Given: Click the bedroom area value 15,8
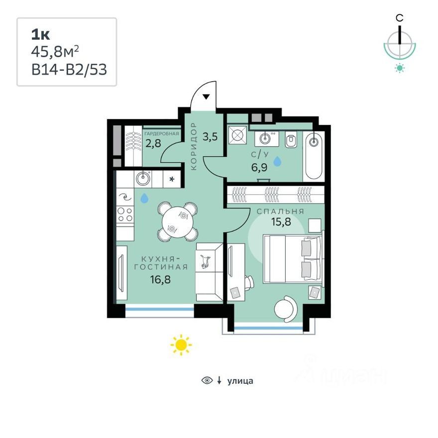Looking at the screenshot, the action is tap(281, 221).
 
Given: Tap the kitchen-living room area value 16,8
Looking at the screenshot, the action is tap(160, 279).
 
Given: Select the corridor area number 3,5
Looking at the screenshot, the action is tap(210, 137).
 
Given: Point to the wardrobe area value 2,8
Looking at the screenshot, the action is tap(153, 143).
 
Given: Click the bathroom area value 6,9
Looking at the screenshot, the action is tap(259, 167).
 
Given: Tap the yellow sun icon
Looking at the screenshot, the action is tap(181, 345).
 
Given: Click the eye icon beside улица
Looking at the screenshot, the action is tap(207, 380).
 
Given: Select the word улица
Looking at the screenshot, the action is tap(240, 381).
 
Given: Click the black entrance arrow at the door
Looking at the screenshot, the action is tap(206, 97).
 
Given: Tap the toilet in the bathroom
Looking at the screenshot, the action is tap(291, 140).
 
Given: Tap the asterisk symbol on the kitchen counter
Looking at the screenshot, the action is tap(172, 179).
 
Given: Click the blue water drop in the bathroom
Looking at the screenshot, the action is tap(277, 161).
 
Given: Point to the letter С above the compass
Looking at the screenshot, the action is tap(400, 18).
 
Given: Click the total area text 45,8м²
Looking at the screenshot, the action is tap(55, 51).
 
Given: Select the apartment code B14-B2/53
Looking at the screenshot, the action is tap(69, 69).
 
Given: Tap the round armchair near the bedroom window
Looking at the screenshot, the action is tap(286, 309).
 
